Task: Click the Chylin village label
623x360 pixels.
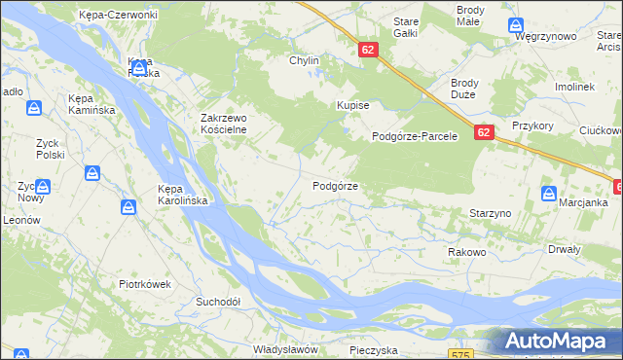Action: (304, 60)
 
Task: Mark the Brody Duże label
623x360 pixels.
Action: (471, 90)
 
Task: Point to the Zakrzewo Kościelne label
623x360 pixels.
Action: (224, 124)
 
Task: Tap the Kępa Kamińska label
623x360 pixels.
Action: (92, 104)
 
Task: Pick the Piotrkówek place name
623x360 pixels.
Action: (145, 284)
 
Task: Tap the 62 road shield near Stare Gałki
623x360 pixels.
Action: (367, 49)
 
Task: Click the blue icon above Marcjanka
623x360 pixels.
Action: (547, 193)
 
